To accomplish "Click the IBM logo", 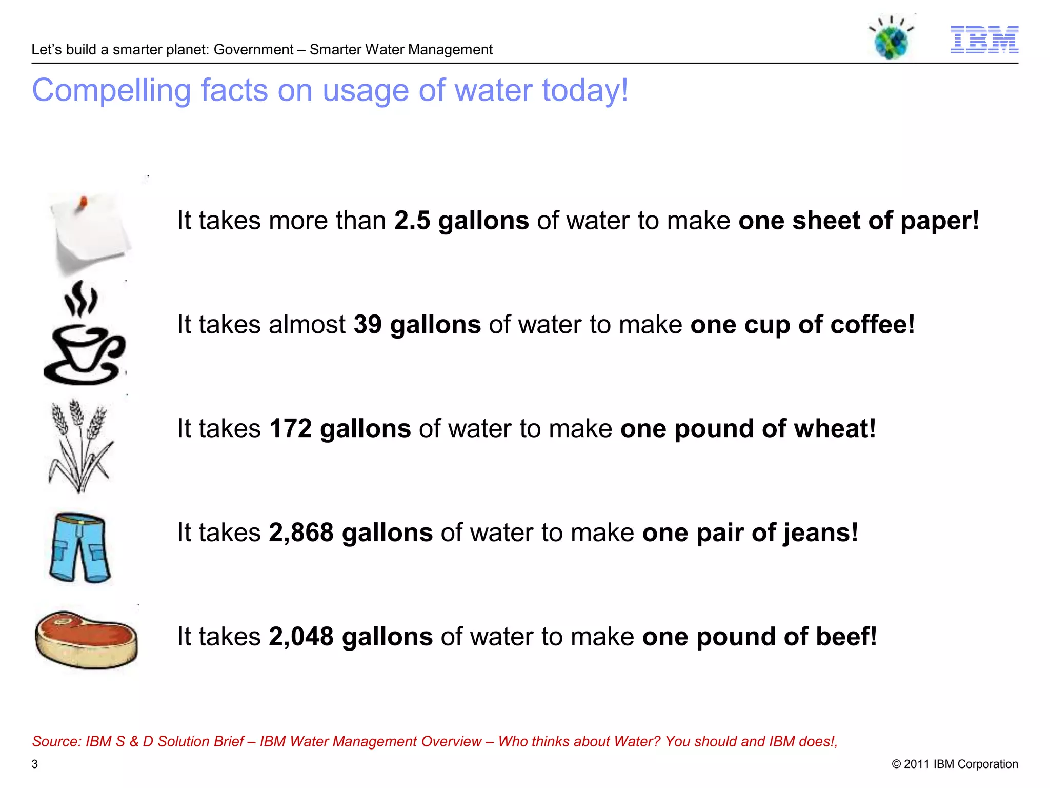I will click(x=984, y=40).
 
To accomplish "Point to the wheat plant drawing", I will click(x=80, y=445).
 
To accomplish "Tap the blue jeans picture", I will click(x=80, y=547).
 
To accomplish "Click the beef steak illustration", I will click(x=86, y=639).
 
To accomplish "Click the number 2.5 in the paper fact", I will click(x=412, y=221).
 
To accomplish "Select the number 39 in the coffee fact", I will click(x=368, y=325).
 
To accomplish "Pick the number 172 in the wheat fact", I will click(x=290, y=429).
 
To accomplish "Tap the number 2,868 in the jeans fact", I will click(x=301, y=533).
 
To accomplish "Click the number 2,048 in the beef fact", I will click(x=301, y=637).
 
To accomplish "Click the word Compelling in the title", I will click(x=111, y=91).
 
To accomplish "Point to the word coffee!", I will click(x=872, y=325).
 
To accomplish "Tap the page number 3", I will click(x=35, y=764).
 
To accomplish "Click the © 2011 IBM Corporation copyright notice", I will click(x=955, y=764).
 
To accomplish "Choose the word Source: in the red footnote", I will click(x=56, y=741).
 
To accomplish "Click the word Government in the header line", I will click(x=253, y=50).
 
